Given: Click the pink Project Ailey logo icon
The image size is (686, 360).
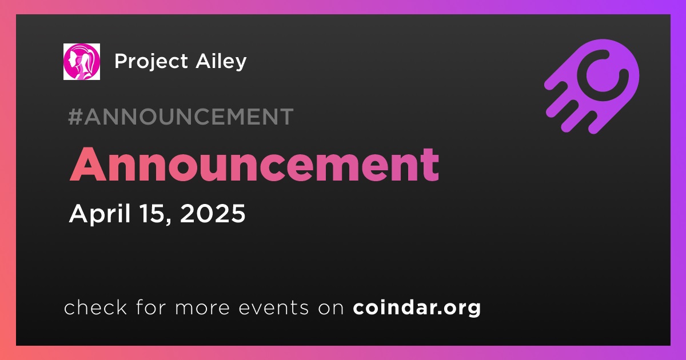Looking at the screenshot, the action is [x=81, y=62].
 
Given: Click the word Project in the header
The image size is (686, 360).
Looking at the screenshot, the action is [x=151, y=62].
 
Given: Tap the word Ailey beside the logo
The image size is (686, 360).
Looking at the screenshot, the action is [x=221, y=62].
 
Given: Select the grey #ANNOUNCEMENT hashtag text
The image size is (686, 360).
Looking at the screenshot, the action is [x=181, y=117].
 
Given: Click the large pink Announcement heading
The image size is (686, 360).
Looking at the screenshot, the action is [x=254, y=165].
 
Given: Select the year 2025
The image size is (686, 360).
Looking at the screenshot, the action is [x=213, y=213].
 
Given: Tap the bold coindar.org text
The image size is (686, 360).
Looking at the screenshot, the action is [x=417, y=307].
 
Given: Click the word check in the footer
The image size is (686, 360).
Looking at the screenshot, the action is [x=95, y=307].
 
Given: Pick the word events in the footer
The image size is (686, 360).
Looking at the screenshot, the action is [x=274, y=307].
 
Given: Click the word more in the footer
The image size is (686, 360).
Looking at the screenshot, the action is [x=202, y=309].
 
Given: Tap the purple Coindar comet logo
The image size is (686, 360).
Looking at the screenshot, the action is [x=592, y=86].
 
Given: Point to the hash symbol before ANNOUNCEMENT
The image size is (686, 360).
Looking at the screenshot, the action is [x=75, y=117].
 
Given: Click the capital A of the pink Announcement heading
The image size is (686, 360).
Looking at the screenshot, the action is [x=88, y=165].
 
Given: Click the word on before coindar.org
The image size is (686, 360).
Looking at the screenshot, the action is [x=331, y=309].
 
